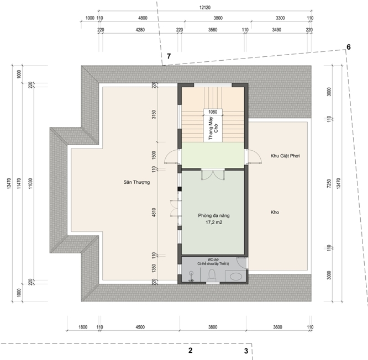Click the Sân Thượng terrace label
tap(136, 182)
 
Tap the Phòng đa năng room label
tap(214, 215)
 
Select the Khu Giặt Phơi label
tap(285, 156)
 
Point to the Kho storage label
tap(275, 212)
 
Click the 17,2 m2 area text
tap(214, 223)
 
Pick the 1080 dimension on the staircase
tap(213, 112)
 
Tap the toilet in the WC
tap(212, 275)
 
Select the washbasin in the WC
tap(235, 276)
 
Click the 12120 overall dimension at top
tap(205, 8)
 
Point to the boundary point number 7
tap(169, 56)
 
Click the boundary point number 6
tap(349, 47)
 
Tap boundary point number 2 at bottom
tap(190, 350)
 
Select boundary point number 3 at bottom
tap(246, 351)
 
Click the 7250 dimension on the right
tap(329, 183)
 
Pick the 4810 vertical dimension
tap(154, 212)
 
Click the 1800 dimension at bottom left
tap(83, 327)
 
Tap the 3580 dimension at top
tap(213, 30)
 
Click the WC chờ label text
tap(213, 260)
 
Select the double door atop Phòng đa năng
tap(213, 174)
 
